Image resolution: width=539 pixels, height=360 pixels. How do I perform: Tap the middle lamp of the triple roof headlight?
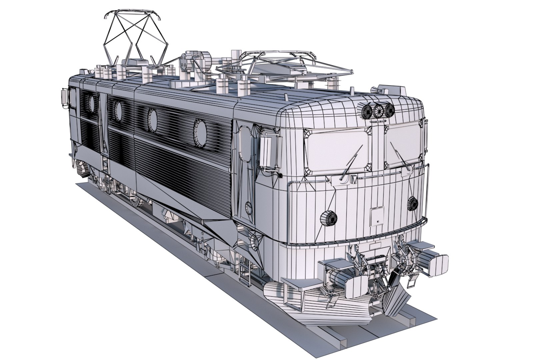click(x=378, y=111)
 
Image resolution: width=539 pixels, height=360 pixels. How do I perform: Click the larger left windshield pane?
click(x=337, y=150)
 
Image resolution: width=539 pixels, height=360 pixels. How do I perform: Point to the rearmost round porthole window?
click(x=91, y=103)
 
